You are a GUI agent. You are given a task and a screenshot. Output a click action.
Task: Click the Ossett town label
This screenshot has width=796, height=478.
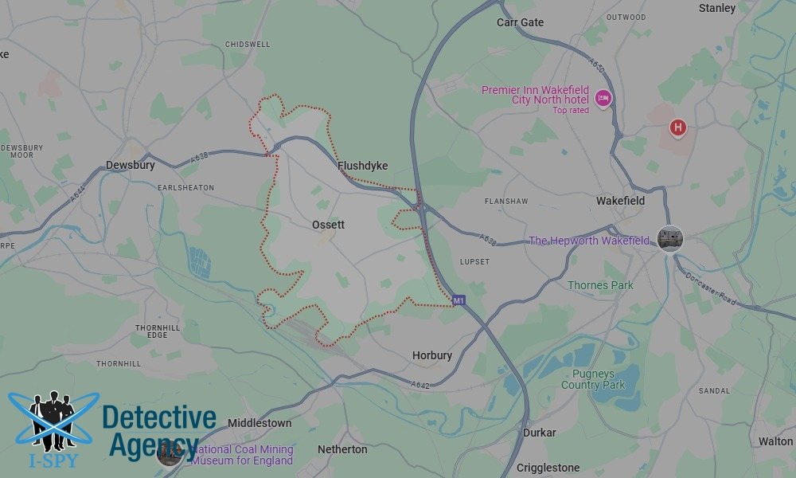[329, 225]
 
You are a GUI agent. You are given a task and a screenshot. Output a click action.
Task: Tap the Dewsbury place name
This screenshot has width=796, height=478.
[130, 165]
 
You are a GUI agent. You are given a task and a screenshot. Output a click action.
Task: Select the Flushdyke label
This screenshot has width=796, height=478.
[362, 166]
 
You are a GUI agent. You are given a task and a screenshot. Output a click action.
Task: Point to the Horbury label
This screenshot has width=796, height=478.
[432, 355]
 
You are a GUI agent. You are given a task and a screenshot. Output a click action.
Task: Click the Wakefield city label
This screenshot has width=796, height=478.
[620, 201]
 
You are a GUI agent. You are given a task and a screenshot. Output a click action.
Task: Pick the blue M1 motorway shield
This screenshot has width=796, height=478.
[458, 300]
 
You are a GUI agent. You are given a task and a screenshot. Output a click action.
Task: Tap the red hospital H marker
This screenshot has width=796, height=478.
[678, 127]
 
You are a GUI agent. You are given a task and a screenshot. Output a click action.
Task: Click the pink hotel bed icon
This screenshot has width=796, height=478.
[603, 98]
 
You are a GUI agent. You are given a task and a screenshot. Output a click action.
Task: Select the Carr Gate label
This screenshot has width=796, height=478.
[520, 22]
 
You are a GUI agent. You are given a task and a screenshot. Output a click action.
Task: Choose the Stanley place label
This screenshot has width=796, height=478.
[716, 8]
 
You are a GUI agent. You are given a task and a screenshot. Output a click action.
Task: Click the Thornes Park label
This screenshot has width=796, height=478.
[600, 285]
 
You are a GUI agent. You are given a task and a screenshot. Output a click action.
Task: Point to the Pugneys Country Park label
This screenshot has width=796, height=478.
[593, 379]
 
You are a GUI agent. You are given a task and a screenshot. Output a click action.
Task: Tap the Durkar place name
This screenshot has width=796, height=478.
[540, 433]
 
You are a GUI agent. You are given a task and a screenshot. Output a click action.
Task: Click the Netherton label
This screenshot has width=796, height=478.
[342, 449]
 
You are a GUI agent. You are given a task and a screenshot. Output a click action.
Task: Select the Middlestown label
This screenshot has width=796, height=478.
[259, 423]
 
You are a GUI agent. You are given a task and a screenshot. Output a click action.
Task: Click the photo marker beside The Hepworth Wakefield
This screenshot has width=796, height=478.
[670, 238]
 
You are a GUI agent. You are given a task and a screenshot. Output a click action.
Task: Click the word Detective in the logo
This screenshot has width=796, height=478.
[159, 417]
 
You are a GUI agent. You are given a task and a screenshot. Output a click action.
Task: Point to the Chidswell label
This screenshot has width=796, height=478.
[248, 45]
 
